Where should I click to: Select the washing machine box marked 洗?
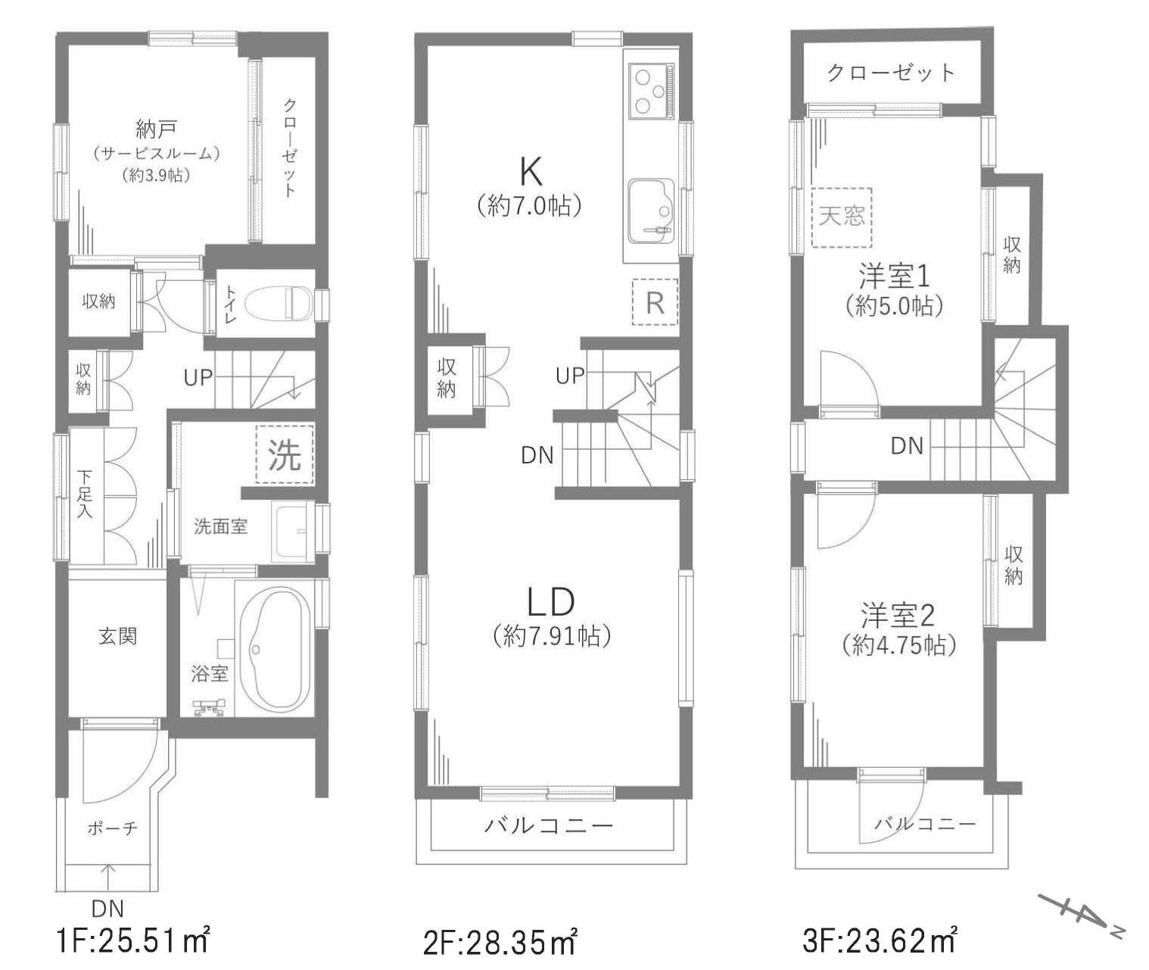click(285, 455)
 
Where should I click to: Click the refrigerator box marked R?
click(655, 301)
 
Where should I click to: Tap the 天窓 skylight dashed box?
click(842, 217)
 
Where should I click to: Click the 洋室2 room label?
click(898, 616)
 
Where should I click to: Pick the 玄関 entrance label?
click(118, 636)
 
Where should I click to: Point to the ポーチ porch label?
click(112, 828)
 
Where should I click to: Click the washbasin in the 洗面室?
click(293, 532)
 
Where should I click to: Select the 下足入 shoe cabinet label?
click(84, 493)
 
